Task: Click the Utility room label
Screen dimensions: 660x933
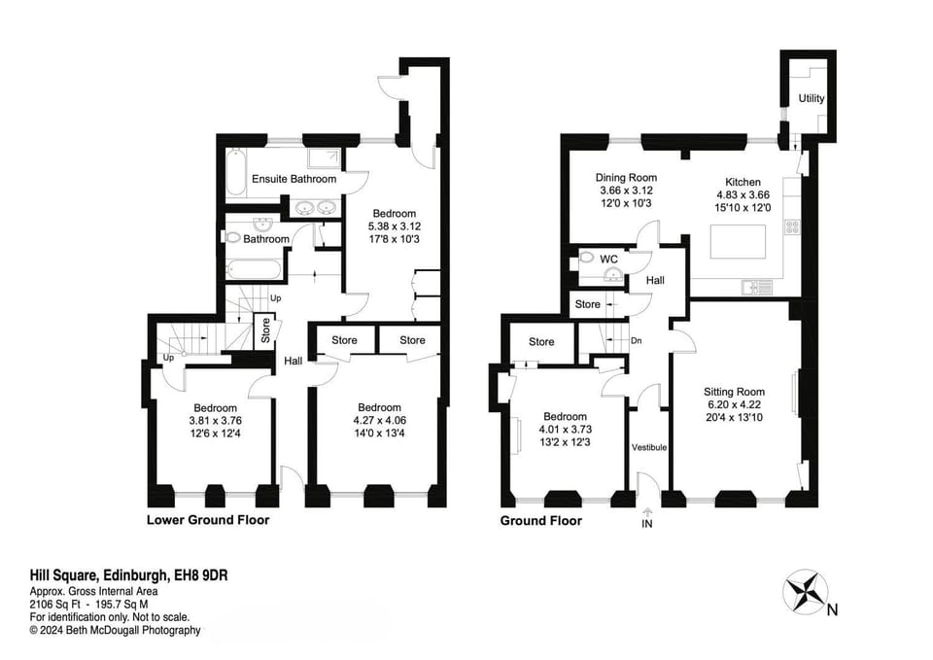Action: tap(811, 99)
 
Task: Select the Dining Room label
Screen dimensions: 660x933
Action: tap(627, 178)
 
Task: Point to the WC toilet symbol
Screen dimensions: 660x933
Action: tap(586, 258)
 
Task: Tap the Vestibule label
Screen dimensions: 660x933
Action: tap(648, 447)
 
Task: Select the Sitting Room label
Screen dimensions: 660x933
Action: tap(735, 392)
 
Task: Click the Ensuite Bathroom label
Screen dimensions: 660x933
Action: tap(294, 179)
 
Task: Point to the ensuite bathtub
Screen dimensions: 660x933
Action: tap(237, 177)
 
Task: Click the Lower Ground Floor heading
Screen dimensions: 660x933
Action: tap(207, 520)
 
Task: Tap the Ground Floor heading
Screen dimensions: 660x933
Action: tap(540, 520)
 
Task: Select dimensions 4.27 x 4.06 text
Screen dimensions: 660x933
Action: tap(379, 421)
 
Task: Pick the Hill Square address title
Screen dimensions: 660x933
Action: tap(128, 577)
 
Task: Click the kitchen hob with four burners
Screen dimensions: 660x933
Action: tap(791, 226)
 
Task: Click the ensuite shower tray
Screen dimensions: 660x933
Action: tap(320, 160)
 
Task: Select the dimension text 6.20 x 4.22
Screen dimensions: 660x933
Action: tap(734, 405)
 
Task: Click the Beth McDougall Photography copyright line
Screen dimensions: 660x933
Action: tap(115, 630)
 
